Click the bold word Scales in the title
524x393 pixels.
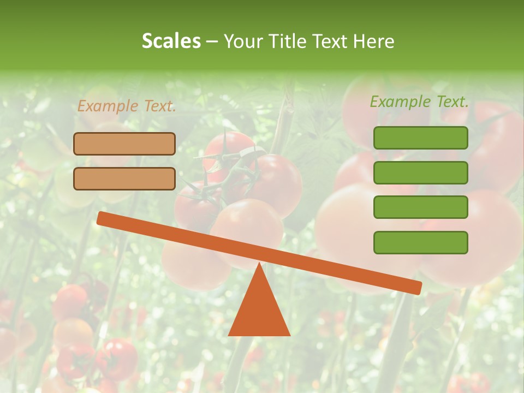point(171,41)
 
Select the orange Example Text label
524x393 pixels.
point(127,106)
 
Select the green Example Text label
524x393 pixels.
point(419,102)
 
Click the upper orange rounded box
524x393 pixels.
point(124,144)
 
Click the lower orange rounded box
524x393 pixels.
point(124,178)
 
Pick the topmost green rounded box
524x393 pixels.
point(420,138)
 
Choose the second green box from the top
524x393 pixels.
point(420,172)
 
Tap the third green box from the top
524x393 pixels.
point(420,207)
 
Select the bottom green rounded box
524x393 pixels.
point(420,242)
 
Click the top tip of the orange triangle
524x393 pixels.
point(259,264)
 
